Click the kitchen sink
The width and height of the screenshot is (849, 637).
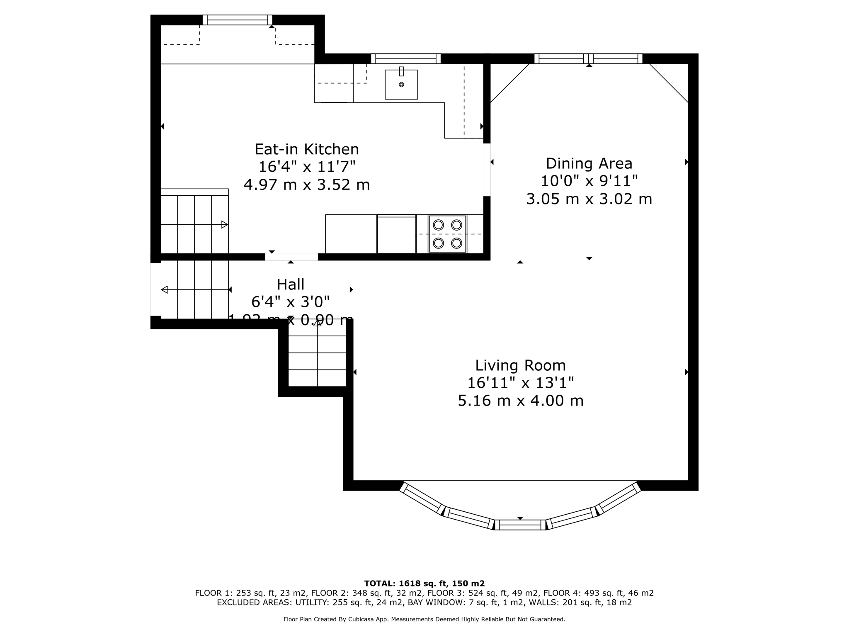[401, 85]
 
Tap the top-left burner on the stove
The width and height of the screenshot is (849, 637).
[438, 225]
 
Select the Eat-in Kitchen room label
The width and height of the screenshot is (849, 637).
[306, 149]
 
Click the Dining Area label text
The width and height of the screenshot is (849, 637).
[589, 163]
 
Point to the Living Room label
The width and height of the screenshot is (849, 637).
[520, 365]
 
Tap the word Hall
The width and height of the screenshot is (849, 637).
[290, 284]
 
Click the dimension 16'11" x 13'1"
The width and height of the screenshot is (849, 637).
[520, 383]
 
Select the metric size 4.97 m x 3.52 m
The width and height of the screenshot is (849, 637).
[306, 185]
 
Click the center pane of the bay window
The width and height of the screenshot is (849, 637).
[520, 525]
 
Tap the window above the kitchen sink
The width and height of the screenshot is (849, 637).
[405, 58]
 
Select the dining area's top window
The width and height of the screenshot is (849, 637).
[588, 58]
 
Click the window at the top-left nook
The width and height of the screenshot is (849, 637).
[237, 20]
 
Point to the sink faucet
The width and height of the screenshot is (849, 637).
[401, 71]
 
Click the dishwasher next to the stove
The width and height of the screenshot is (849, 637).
[396, 234]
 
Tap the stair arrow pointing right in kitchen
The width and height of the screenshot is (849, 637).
[224, 225]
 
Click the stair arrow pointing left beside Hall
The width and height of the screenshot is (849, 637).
[165, 289]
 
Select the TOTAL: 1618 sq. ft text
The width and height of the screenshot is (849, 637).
[424, 584]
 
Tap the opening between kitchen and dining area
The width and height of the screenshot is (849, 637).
[487, 170]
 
